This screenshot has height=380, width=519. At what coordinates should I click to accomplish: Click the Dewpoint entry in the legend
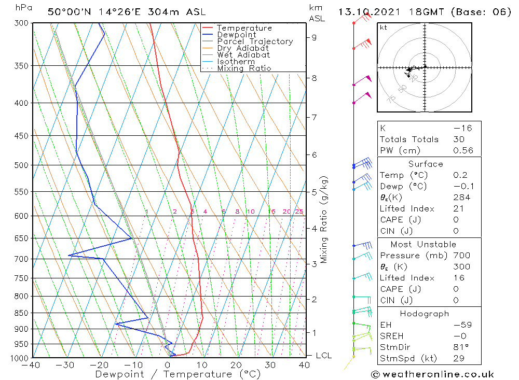tap(236, 35)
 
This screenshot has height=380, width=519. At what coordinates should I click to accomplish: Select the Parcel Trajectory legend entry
tap(255, 41)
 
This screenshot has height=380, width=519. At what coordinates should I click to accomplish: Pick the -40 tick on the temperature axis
tap(32, 365)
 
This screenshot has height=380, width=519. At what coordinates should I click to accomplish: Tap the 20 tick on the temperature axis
tap(236, 365)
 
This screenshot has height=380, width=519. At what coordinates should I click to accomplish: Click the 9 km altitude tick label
tap(315, 37)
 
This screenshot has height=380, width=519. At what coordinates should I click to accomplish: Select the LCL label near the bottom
tap(323, 356)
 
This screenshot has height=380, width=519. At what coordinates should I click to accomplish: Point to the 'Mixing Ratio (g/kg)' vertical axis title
tap(324, 219)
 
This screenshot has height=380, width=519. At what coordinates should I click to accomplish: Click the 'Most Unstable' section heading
tap(424, 244)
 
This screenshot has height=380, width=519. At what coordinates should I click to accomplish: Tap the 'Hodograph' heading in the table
tap(424, 314)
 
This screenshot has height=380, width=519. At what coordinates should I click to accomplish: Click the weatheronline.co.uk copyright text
tap(432, 374)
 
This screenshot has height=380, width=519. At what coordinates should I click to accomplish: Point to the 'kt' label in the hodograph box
tap(383, 27)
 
